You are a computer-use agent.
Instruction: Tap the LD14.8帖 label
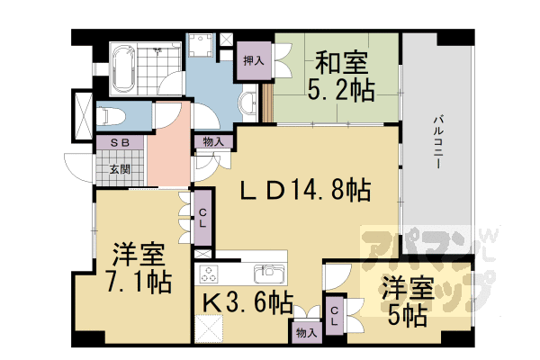click(x=306, y=190)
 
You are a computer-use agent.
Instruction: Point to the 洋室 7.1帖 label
click(x=136, y=267)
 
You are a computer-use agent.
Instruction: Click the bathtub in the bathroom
click(x=124, y=65)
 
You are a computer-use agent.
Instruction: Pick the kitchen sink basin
click(x=268, y=271)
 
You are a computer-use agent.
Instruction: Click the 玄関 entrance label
click(x=118, y=168)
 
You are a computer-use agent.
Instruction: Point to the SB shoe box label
click(x=118, y=142)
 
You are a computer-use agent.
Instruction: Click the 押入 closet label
click(x=253, y=61)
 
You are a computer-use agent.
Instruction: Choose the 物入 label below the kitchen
click(x=306, y=332)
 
